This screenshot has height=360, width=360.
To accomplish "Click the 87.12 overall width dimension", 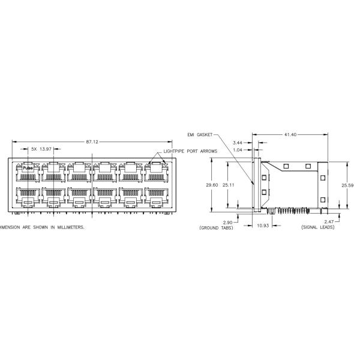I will [92, 142].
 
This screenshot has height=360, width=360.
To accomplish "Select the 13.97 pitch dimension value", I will [52, 149].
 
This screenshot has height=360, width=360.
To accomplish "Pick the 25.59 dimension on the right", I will [346, 185].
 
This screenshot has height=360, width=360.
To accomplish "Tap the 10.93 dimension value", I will [263, 225].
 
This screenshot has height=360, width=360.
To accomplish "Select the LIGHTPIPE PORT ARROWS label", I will [191, 152].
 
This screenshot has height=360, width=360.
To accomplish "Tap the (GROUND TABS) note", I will [217, 228].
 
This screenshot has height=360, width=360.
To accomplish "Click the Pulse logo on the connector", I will [28, 169].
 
